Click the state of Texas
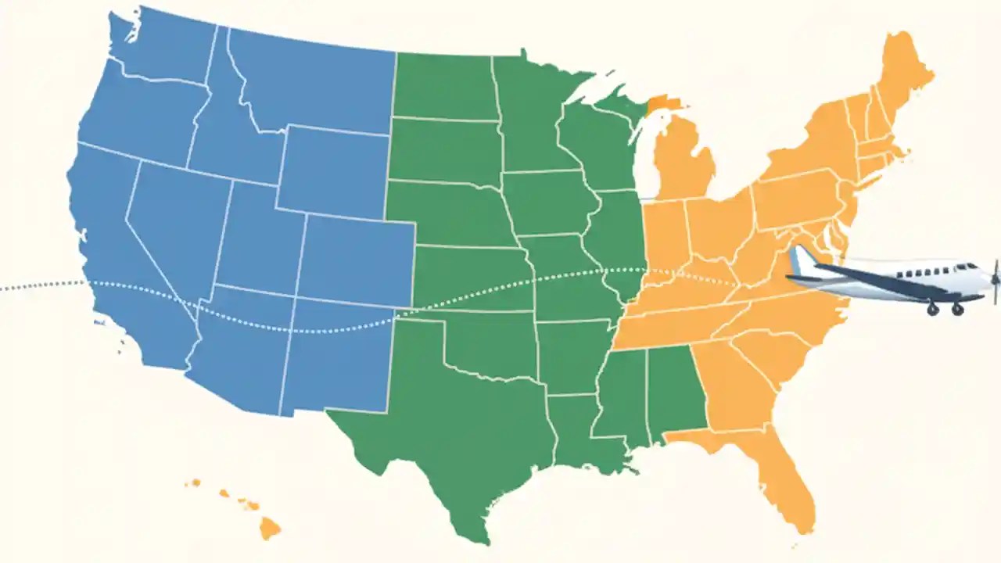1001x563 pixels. point(454,438)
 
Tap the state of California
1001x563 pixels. point(117,258)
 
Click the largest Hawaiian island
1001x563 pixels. point(269,529)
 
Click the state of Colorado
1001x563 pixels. point(356,258)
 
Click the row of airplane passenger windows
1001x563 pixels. point(927,271)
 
